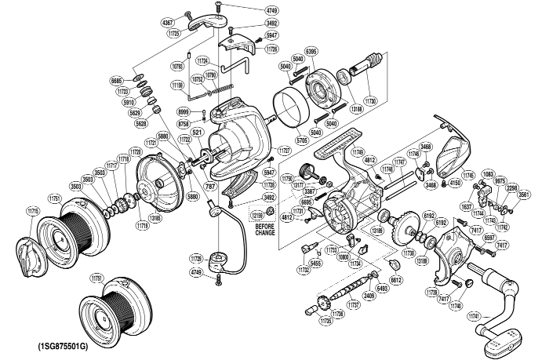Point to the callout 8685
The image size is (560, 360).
point(117,81)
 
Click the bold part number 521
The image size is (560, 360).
point(197,132)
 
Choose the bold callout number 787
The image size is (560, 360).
point(209,186)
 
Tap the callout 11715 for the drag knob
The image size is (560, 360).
point(32,212)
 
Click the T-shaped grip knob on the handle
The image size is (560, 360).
point(501,340)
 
